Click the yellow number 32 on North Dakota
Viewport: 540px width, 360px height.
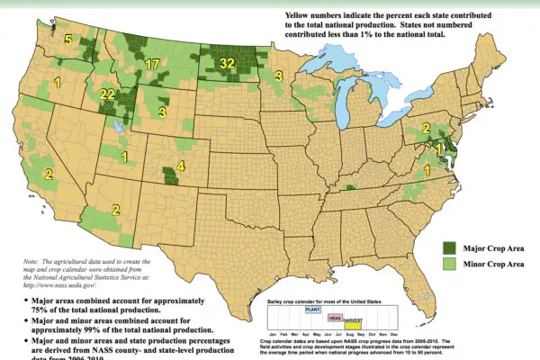[x=227, y=64]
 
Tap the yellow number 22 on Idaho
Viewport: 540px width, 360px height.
[x=107, y=94]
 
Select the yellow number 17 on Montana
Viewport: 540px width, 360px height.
[x=152, y=65]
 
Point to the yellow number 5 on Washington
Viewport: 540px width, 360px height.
[x=68, y=40]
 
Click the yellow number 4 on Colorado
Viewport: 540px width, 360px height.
[x=181, y=166]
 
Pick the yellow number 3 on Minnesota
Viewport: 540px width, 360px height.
[x=279, y=76]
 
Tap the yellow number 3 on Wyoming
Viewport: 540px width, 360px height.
[x=161, y=112]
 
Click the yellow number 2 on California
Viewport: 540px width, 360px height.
[x=49, y=174]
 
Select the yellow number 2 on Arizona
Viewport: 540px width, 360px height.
[x=115, y=210]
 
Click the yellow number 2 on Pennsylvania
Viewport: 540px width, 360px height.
[x=426, y=130]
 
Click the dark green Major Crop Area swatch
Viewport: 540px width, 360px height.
[x=447, y=247]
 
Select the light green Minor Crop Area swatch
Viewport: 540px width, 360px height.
[x=447, y=263]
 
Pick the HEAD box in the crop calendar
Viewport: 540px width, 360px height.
[x=334, y=317]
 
